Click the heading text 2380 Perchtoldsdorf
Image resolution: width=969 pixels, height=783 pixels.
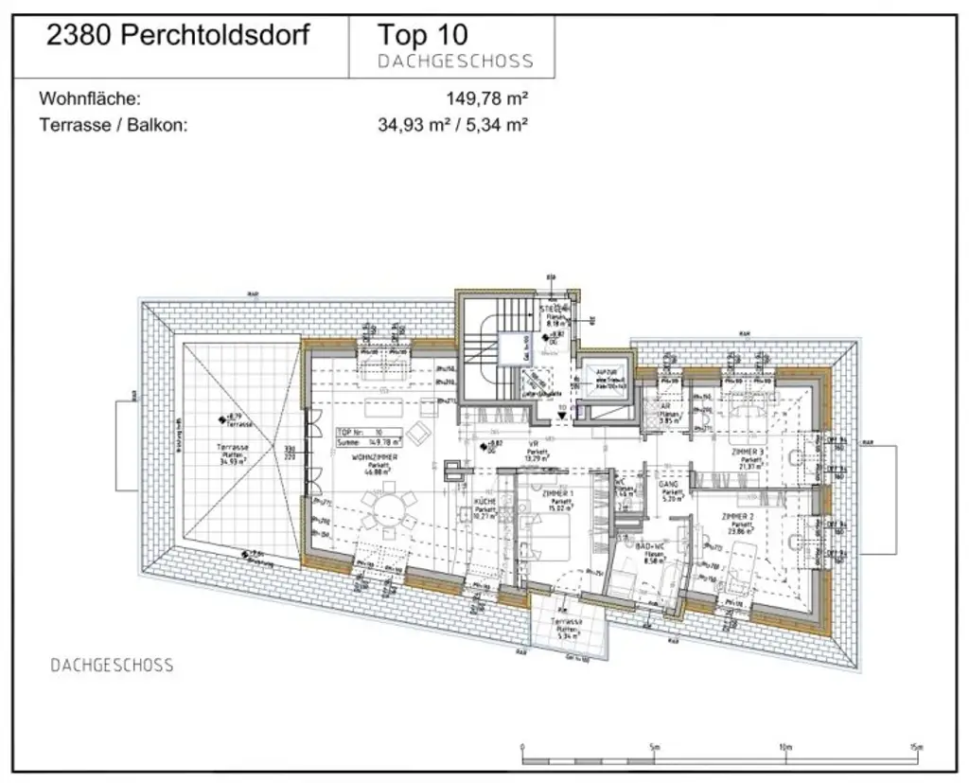(178, 37)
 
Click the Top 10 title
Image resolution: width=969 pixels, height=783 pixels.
(422, 36)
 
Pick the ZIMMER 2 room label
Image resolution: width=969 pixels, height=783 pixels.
(737, 517)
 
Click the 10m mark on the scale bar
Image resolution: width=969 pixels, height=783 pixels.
(784, 747)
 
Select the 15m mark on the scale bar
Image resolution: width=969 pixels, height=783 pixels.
(914, 747)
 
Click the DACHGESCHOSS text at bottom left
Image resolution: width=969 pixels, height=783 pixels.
(112, 666)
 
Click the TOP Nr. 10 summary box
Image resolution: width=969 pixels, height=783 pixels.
(369, 436)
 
